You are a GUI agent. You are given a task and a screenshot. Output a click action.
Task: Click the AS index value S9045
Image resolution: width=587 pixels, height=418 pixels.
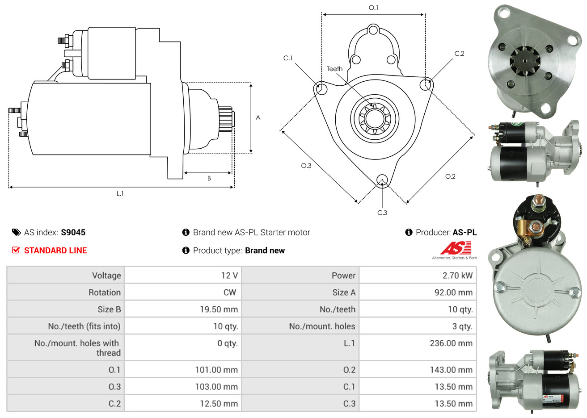(73, 232)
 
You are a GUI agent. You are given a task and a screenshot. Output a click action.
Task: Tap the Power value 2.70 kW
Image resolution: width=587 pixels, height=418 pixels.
(457, 276)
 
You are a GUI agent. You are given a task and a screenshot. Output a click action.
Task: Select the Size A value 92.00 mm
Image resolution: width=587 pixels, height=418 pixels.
(453, 293)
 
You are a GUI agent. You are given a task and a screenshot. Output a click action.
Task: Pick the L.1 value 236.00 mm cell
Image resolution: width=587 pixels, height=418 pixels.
(451, 343)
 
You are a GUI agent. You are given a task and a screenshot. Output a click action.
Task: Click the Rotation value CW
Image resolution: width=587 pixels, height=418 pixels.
(229, 293)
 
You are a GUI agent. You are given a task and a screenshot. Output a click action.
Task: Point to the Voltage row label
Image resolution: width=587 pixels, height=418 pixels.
(106, 276)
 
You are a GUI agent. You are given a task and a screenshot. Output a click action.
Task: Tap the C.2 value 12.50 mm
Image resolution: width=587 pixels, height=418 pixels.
(219, 404)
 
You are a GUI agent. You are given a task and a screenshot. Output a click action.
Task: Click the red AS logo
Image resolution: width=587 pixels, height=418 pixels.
(456, 248)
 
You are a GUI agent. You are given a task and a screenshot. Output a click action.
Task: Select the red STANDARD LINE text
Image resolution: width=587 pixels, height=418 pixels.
(55, 251)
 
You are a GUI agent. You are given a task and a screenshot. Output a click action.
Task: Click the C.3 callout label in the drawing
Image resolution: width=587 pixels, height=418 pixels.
(382, 213)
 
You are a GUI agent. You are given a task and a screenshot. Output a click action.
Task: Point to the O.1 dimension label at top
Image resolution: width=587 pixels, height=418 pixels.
(373, 8)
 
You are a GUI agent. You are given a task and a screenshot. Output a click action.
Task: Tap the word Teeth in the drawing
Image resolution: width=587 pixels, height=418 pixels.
(334, 69)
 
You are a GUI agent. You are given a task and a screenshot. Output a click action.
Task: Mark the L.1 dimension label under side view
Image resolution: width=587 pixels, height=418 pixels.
(120, 193)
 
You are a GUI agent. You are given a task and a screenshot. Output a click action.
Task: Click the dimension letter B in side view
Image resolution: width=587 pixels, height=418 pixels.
(209, 178)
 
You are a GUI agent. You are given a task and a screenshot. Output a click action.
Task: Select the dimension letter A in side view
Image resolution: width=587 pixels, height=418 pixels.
(258, 117)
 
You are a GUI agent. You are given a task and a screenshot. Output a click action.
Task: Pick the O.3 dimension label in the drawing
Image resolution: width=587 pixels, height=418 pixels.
(306, 165)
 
